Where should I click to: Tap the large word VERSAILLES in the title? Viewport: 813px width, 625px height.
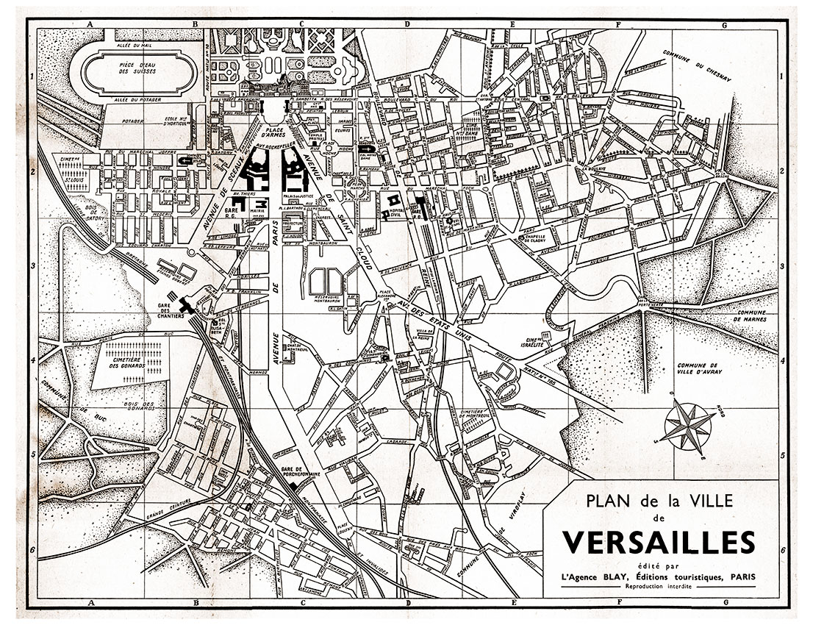[659, 543]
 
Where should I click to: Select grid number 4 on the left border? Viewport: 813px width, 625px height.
[34, 361]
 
